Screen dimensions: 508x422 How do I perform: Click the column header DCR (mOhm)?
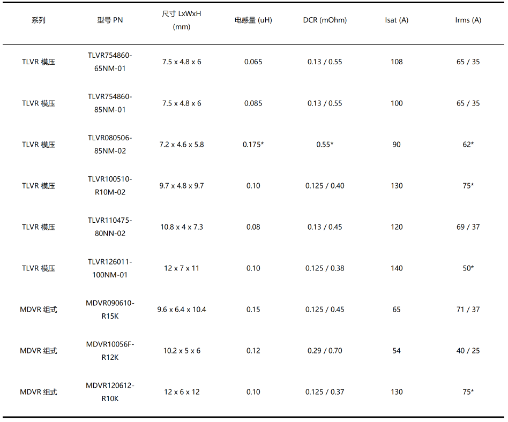(x=325, y=20)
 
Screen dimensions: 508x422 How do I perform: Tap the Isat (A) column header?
(x=397, y=20)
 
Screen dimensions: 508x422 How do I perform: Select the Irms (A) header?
(x=468, y=20)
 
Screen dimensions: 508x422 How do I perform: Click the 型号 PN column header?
(x=110, y=20)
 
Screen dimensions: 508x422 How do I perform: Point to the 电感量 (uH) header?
(x=253, y=20)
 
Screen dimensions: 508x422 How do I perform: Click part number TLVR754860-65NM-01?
(x=110, y=62)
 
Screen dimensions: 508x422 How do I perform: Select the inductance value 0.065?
(x=253, y=62)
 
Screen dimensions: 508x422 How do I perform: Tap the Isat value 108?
(x=397, y=62)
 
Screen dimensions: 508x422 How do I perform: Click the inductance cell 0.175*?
(x=253, y=145)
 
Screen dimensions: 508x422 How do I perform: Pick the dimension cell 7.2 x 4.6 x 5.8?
(x=182, y=145)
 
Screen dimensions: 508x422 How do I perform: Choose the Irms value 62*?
(x=468, y=145)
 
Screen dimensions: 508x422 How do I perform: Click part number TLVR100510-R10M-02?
(x=110, y=186)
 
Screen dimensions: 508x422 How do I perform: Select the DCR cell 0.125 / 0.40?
(x=325, y=186)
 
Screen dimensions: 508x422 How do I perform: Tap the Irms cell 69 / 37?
(x=468, y=227)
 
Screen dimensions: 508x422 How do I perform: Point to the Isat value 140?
(x=397, y=268)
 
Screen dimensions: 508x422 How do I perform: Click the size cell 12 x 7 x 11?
(x=182, y=268)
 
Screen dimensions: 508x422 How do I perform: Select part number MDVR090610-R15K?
(x=110, y=310)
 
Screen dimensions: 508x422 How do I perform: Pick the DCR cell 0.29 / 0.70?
(x=325, y=351)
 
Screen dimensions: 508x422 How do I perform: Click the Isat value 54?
(x=397, y=351)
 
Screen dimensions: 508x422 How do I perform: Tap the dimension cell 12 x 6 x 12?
(x=182, y=392)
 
